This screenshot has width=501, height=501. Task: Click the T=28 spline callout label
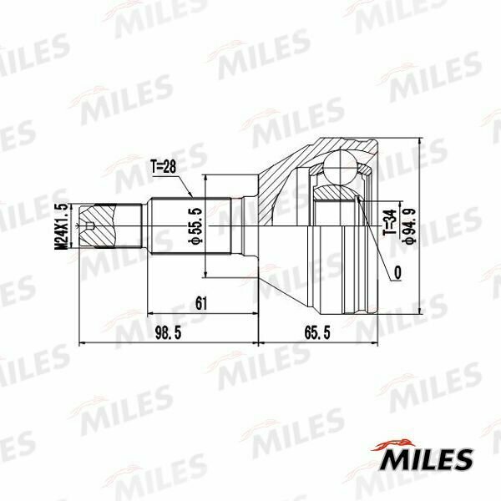click(164, 166)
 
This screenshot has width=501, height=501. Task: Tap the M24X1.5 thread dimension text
click(62, 226)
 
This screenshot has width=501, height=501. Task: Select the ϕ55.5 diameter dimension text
click(195, 226)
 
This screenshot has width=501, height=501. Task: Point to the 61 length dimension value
click(201, 303)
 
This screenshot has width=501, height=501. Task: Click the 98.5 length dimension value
click(168, 332)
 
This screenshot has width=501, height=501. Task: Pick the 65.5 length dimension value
click(317, 332)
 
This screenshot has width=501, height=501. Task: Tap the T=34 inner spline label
click(390, 223)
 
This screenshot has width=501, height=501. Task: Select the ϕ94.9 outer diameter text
click(409, 226)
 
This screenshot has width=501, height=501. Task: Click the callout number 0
click(397, 273)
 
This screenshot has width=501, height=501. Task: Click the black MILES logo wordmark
click(426, 460)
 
